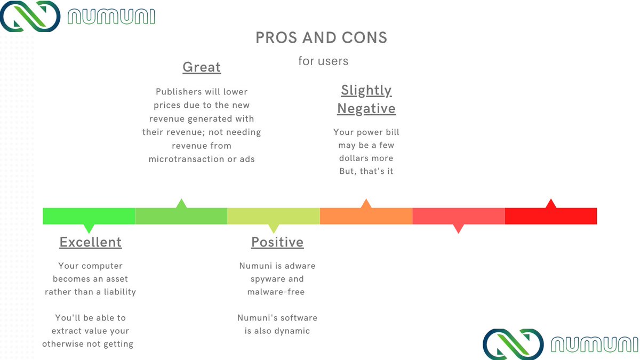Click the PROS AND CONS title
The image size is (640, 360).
[321, 38]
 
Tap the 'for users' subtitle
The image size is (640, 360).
[323, 61]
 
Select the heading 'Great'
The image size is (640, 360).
[202, 67]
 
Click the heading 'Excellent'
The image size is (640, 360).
[91, 242]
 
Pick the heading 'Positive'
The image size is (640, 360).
[277, 242]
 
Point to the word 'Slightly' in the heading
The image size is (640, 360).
[366, 90]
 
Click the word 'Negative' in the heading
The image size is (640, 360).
[366, 109]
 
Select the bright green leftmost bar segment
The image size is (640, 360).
[89, 216]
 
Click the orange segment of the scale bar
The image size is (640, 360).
[366, 216]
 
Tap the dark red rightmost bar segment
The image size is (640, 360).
[550, 216]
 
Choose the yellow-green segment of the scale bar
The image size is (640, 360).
[273, 216]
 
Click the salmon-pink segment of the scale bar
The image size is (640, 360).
[458, 216]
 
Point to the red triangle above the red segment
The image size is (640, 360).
[551, 204]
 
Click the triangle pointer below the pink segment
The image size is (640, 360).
[458, 228]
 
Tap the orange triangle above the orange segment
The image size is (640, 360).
[366, 204]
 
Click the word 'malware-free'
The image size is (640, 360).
[276, 292]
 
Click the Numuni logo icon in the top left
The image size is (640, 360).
[30, 16]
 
